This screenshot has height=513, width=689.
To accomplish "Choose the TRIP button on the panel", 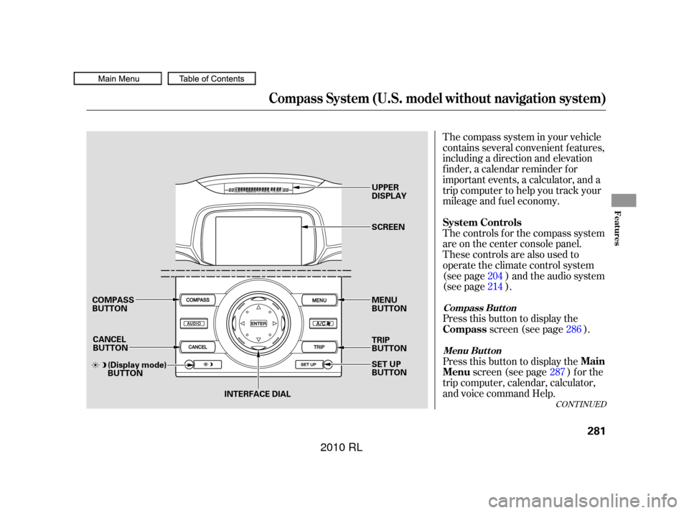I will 319,347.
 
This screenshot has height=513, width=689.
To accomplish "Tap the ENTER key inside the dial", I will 258,324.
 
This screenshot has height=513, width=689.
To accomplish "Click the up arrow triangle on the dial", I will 258,308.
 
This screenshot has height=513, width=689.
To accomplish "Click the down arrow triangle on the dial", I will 258,340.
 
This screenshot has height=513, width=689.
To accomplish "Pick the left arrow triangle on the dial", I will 242,324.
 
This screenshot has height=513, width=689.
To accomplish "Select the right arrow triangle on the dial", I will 275,324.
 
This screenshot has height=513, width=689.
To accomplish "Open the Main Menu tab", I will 117,79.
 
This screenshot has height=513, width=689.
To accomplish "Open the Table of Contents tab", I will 212,79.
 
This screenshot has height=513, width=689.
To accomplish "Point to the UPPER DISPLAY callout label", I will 389,190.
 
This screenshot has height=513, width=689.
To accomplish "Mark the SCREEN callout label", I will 388,227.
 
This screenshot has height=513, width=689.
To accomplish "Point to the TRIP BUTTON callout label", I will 389,343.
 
